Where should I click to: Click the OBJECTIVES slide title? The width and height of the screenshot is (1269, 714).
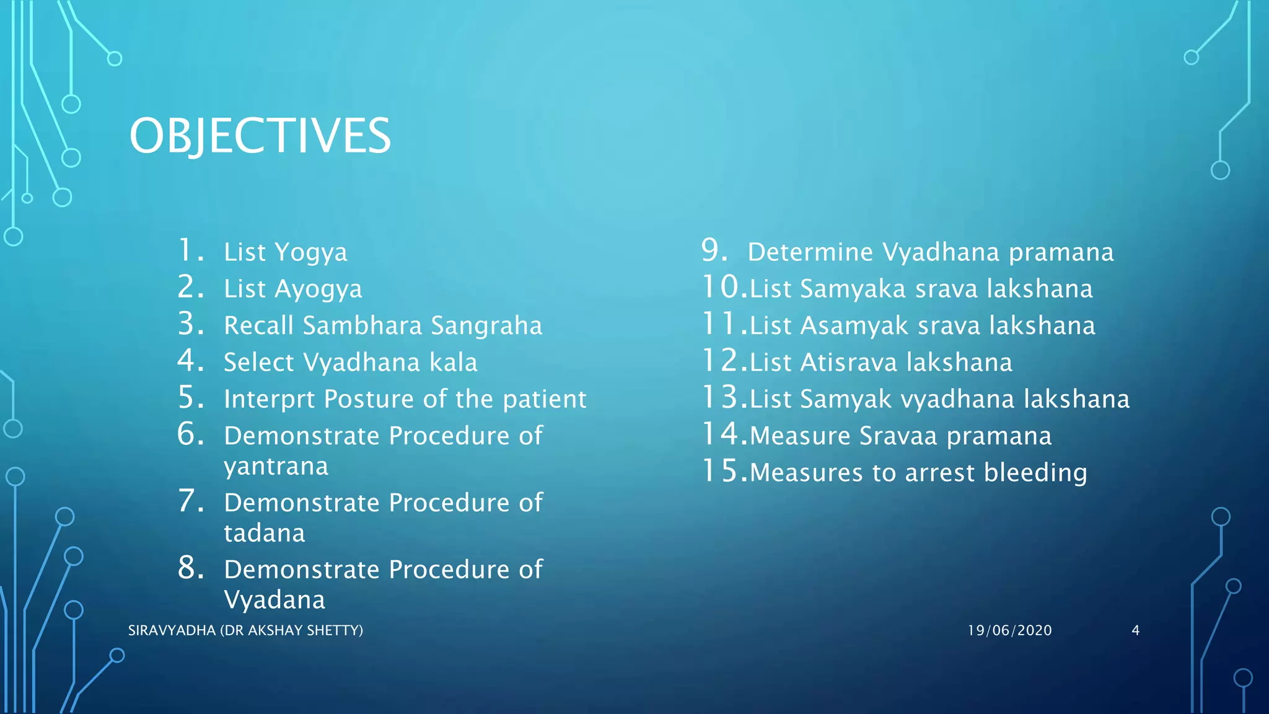click(x=260, y=136)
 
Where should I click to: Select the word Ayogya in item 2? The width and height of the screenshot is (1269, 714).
click(x=318, y=289)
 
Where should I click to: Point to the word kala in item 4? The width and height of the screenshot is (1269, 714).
click(x=455, y=362)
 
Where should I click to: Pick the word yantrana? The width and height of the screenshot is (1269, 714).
click(x=276, y=466)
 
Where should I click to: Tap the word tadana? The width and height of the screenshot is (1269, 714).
click(x=265, y=533)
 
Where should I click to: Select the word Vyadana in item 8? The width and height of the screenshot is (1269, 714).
click(x=274, y=600)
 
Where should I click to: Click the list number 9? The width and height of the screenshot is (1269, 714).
click(x=714, y=250)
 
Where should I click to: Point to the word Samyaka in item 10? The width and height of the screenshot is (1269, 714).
click(x=853, y=289)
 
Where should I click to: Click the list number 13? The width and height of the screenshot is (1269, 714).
click(x=721, y=397)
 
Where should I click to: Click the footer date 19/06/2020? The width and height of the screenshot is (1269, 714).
click(x=1009, y=630)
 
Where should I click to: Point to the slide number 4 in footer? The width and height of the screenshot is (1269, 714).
click(x=1135, y=630)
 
